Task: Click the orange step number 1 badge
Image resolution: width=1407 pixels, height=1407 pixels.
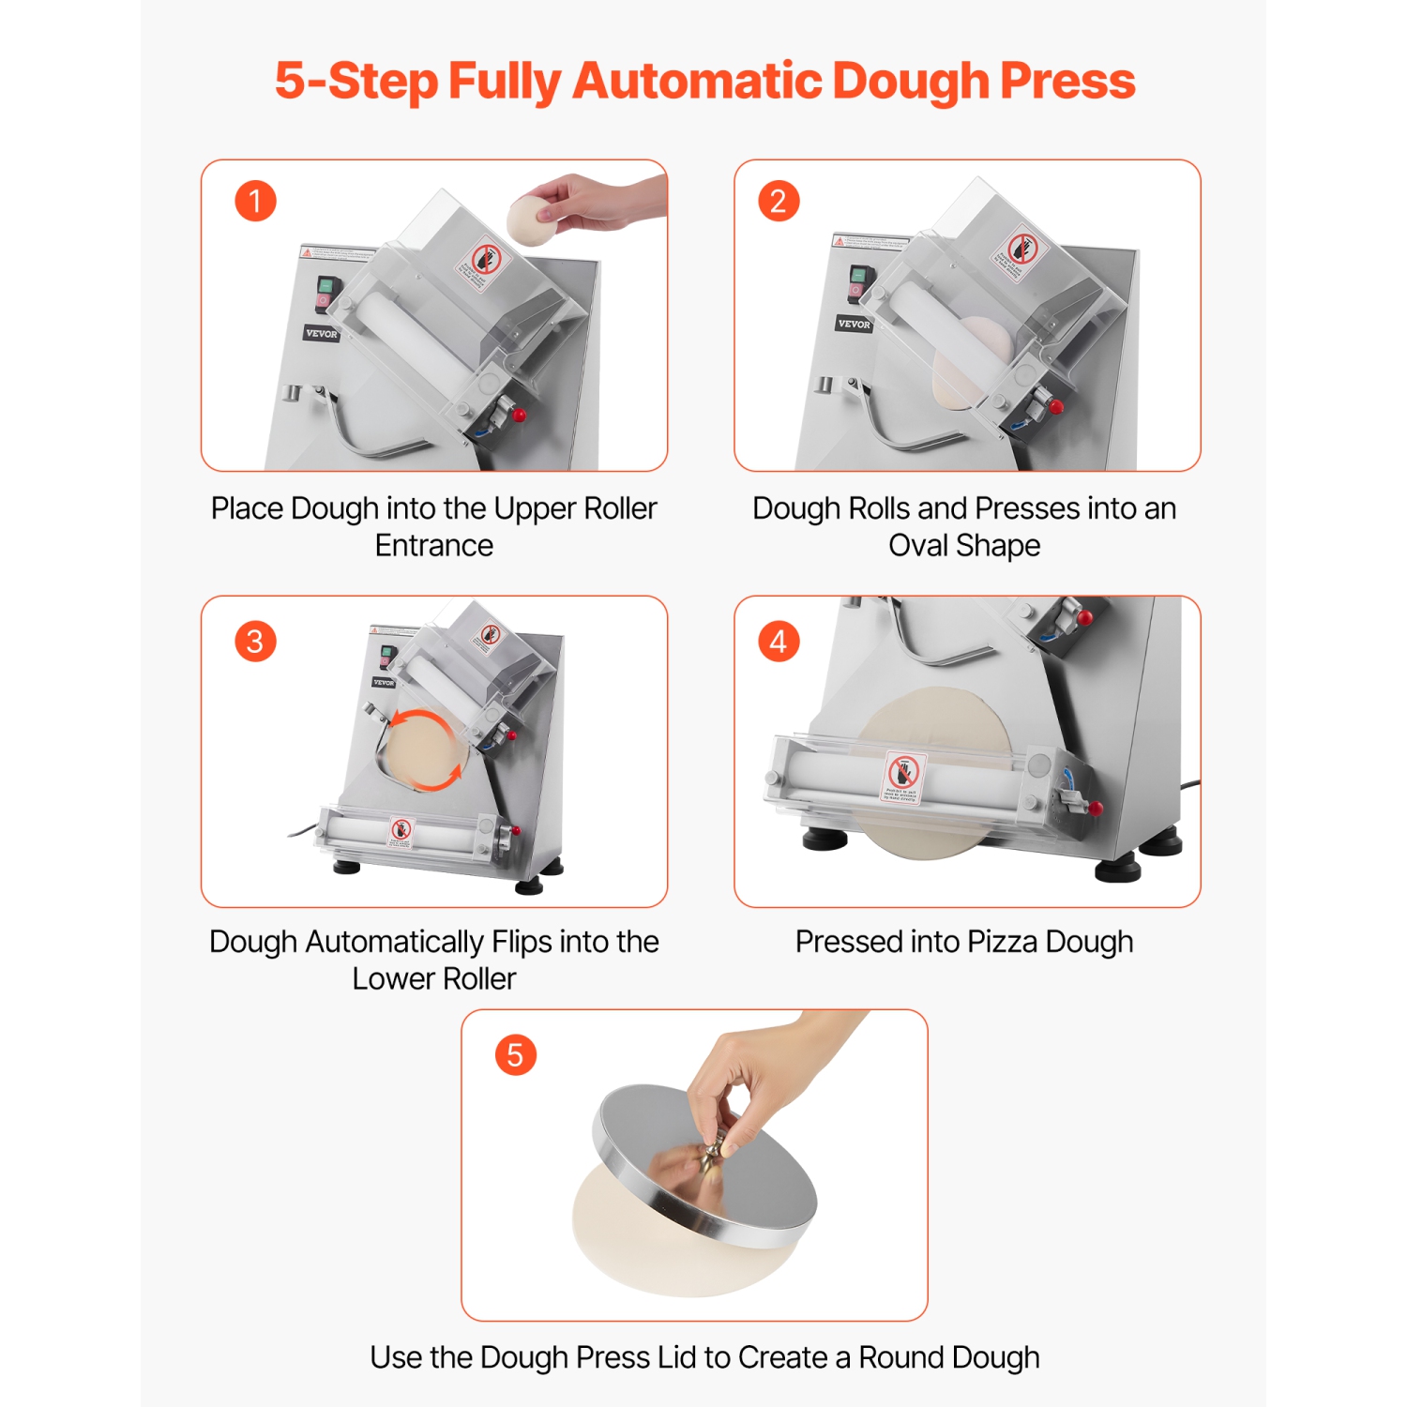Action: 255,201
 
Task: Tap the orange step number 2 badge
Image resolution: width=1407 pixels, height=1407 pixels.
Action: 778,201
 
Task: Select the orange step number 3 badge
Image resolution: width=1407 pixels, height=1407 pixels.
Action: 255,642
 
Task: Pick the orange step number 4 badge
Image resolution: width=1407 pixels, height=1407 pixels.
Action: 778,642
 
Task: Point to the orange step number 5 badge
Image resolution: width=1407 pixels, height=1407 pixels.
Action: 515,1055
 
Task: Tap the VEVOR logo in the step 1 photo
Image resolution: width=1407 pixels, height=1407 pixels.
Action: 321,333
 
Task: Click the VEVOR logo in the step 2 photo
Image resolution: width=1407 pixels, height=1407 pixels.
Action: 854,324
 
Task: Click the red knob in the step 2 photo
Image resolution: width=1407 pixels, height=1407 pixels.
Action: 1056,407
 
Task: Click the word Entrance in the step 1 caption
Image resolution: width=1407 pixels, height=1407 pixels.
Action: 433,545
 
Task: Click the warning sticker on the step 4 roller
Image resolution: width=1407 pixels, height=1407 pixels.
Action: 905,777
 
